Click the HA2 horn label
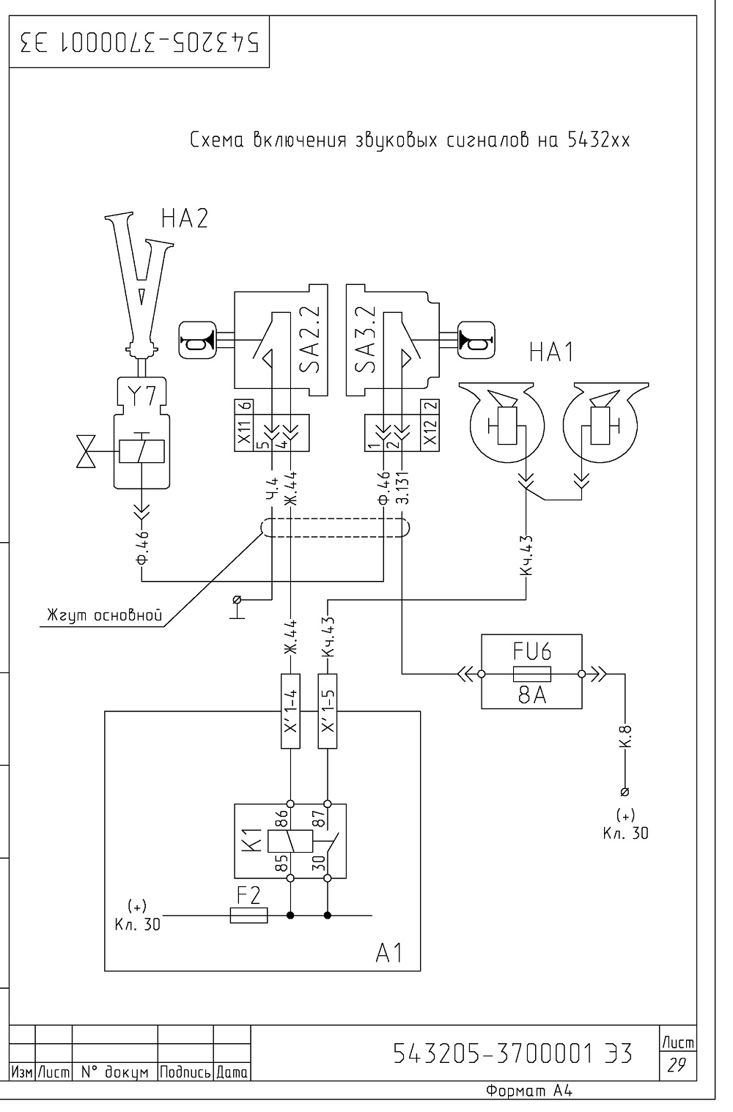(x=184, y=218)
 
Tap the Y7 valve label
(x=142, y=396)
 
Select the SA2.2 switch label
(x=310, y=339)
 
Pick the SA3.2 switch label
(x=365, y=339)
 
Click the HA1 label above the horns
(x=551, y=352)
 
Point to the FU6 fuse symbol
(x=531, y=674)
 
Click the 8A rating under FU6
(x=532, y=695)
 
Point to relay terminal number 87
(x=320, y=818)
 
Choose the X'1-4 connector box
(x=290, y=711)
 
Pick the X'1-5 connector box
(x=327, y=711)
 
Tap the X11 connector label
(x=244, y=431)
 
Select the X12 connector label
(x=430, y=431)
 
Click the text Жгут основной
(x=105, y=615)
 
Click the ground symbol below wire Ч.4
(x=237, y=607)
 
